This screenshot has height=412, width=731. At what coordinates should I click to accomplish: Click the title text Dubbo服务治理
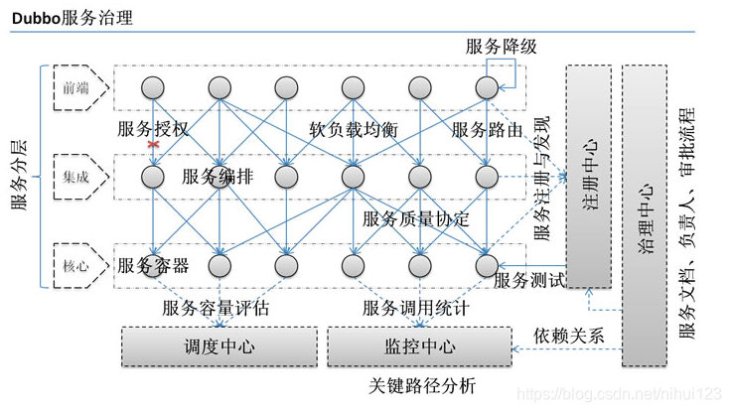point(73,18)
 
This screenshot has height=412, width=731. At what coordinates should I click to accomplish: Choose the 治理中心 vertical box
point(644,216)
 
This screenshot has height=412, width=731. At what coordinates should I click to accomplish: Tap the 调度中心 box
point(219,346)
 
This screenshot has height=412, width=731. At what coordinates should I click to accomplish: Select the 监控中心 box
point(419,346)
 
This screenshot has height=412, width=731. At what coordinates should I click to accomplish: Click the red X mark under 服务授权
point(153,145)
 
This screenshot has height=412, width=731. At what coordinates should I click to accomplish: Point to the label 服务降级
point(501,47)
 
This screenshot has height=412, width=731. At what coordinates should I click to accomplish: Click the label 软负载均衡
point(354,130)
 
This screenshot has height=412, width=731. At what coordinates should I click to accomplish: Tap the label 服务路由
point(487,130)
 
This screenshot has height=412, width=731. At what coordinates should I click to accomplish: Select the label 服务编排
point(218,177)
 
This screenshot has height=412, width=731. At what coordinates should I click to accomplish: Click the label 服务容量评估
point(216,309)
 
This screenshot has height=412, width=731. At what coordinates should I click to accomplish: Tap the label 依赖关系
point(568,335)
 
